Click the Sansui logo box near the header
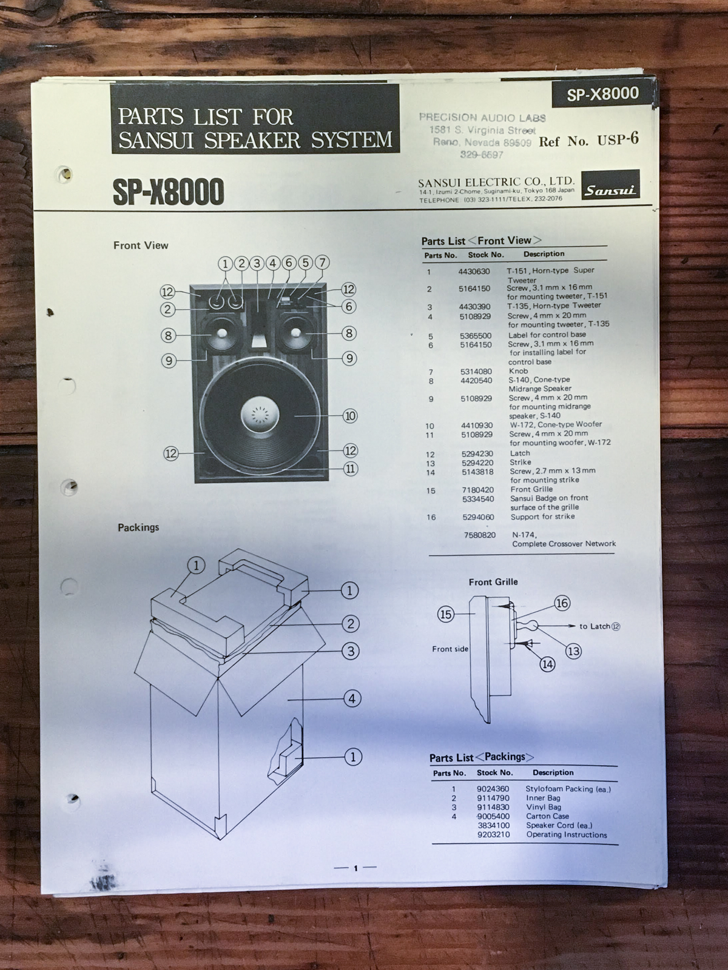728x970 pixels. pos(610,190)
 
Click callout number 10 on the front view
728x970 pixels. pos(350,416)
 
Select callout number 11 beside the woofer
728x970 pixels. pos(351,469)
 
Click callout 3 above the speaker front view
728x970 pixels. pos(257,264)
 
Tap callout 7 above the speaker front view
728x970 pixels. pos(322,263)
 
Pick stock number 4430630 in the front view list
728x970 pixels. pos(474,272)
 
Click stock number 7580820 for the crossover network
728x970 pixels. pos(480,535)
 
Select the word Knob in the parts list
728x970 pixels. pos(519,371)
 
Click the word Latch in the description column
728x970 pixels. pos(520,453)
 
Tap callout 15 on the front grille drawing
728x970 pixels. pos(445,614)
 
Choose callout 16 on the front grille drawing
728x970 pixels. pos(562,603)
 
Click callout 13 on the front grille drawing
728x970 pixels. pos(573,651)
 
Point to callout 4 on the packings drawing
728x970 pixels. pos(352,698)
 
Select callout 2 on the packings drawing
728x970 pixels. pos(351,624)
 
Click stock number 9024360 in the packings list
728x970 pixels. pos(493,789)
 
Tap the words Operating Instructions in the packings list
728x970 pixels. pos(567,835)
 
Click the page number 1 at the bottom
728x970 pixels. pos(356,868)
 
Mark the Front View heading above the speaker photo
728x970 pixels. pos(141,246)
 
